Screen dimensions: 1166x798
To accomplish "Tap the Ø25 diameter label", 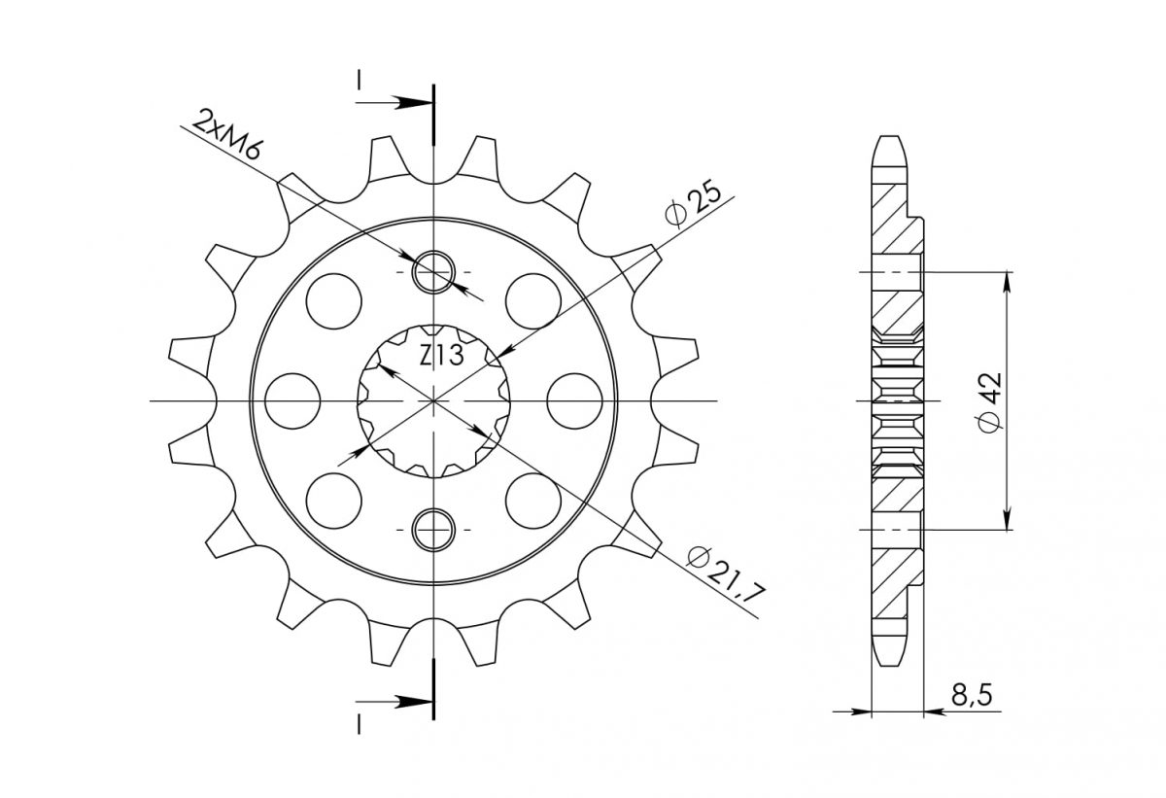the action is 694,203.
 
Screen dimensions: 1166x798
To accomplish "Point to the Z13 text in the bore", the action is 441,356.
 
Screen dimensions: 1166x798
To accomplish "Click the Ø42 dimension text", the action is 990,401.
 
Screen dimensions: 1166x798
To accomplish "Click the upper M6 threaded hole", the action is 433,272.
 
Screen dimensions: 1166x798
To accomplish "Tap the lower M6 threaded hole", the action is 433,530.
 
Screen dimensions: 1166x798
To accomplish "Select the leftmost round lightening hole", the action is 292,401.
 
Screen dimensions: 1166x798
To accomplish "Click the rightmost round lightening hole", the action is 574,401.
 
